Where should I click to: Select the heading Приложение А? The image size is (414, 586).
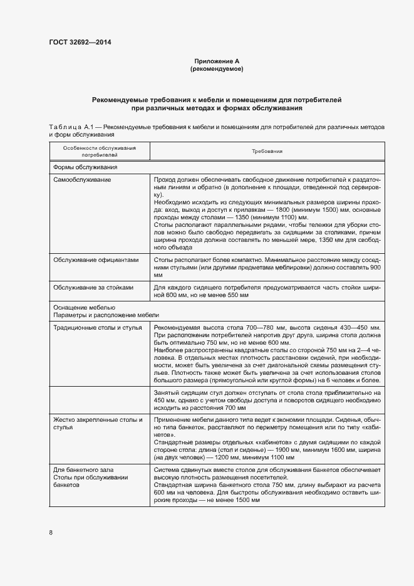pyautogui.click(x=217, y=61)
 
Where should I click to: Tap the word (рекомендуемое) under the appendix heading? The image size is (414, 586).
pyautogui.click(x=217, y=69)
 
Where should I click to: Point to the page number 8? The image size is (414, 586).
pyautogui.click(x=51, y=533)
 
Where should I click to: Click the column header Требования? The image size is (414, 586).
pyautogui.click(x=267, y=152)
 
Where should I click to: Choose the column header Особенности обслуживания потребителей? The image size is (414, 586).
pyautogui.click(x=99, y=152)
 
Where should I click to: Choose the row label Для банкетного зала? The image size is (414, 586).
pyautogui.click(x=83, y=469)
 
